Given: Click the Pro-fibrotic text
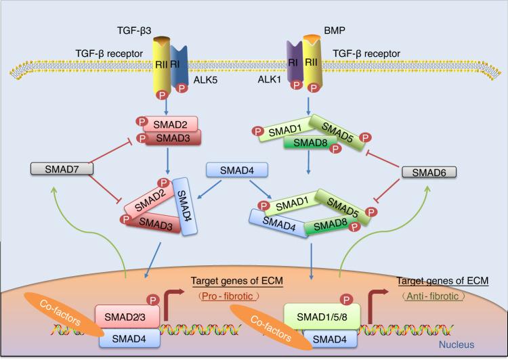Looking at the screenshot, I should coord(224,296).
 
